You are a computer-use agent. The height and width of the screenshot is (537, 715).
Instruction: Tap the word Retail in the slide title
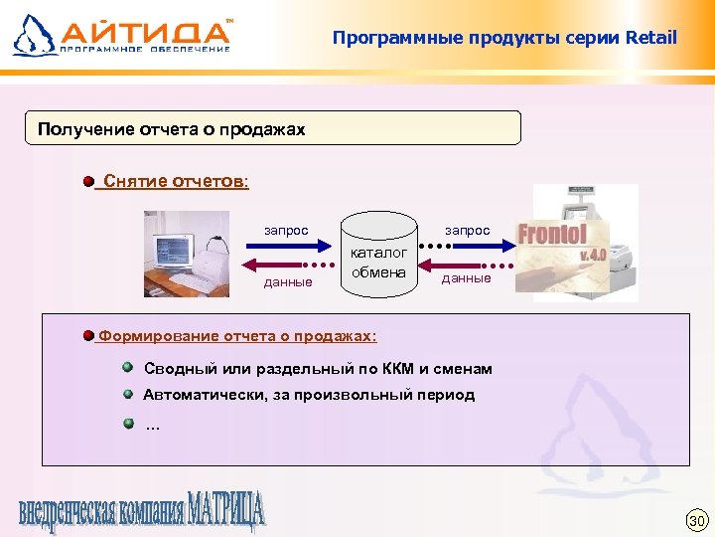tap(650, 38)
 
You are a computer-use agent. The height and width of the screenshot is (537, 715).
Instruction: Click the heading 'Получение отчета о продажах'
tap(171, 129)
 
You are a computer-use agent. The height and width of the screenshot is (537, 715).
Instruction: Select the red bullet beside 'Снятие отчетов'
tap(88, 182)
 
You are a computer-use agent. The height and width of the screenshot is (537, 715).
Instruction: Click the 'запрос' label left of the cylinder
tap(286, 231)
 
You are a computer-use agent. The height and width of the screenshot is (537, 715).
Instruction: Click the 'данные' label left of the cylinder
tap(288, 282)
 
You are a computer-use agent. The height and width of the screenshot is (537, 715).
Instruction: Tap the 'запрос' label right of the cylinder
tap(467, 231)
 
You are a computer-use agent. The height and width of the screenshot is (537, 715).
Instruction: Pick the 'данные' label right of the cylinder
tap(467, 278)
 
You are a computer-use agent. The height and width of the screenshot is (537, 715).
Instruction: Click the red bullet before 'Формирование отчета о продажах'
tap(88, 335)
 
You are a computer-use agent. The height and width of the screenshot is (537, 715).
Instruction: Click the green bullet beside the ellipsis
tap(128, 425)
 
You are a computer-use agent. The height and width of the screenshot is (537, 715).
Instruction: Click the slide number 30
tap(696, 521)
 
